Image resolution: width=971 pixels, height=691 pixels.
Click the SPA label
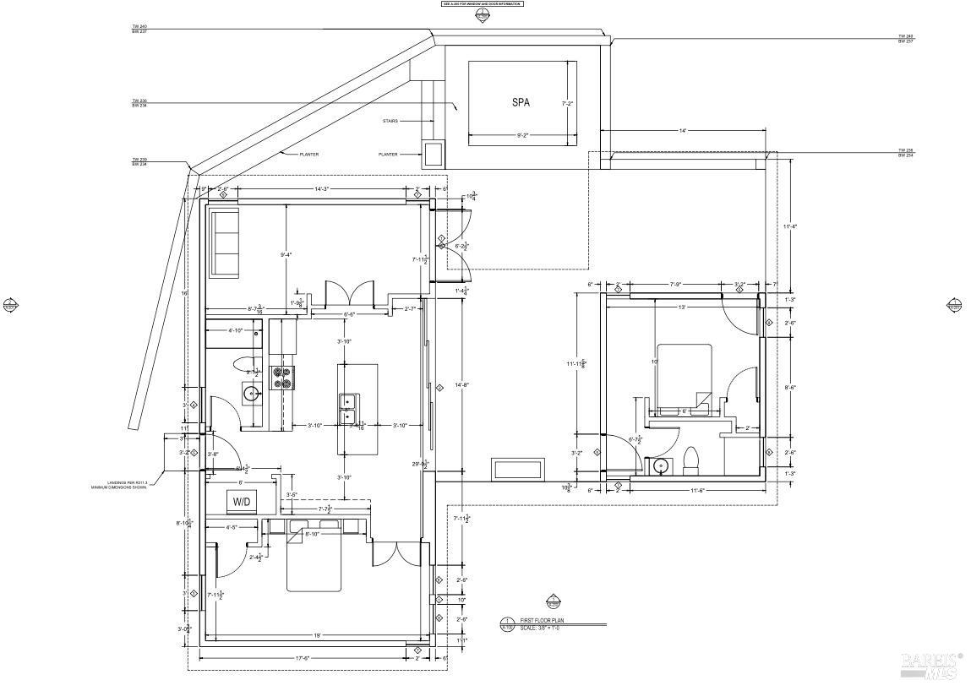521,102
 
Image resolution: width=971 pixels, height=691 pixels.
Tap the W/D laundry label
241,501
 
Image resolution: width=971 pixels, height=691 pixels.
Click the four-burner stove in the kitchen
281,378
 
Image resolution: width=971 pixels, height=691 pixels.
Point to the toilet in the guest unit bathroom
690,460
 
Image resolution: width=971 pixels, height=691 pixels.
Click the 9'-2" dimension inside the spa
522,135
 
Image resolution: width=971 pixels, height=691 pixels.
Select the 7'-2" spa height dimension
569,103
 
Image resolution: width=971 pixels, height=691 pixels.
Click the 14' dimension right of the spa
682,131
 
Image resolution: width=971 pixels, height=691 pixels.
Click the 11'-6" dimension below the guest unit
697,491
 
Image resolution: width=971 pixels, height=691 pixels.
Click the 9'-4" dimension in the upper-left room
288,254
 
